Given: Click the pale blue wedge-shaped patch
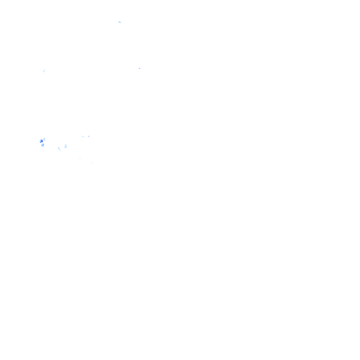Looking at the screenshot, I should point(120,22).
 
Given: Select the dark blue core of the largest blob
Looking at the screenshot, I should point(42,140).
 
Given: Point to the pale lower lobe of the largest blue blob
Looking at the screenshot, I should point(43,145).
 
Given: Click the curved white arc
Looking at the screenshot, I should point(60,150).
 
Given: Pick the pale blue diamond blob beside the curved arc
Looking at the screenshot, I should point(65,146).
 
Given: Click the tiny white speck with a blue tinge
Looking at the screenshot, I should point(140,67).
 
